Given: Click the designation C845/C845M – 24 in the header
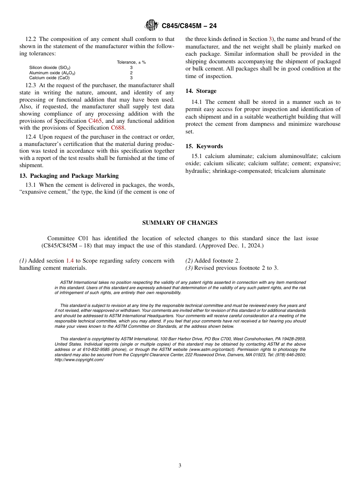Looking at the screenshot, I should point(189,26).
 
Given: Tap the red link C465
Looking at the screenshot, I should point(95,121).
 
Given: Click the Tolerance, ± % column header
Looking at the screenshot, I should point(131,62).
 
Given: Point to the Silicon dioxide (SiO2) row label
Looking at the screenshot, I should point(50,67).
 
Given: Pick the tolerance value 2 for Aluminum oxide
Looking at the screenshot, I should point(131,73).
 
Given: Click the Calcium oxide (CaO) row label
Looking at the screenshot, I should point(49,78).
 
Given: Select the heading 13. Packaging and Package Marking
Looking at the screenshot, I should point(69,176).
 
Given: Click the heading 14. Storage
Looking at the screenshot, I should point(201,91).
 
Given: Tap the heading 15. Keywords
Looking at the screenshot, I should point(204,146).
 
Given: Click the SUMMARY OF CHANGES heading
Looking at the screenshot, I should point(180,223).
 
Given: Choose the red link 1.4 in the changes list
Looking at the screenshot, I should point(70,261).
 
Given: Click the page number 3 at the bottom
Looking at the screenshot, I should point(180,466).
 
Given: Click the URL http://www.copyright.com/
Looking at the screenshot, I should point(79,360).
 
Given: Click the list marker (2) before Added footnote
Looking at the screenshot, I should point(189,261).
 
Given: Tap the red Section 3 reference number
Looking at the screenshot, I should point(270,39).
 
